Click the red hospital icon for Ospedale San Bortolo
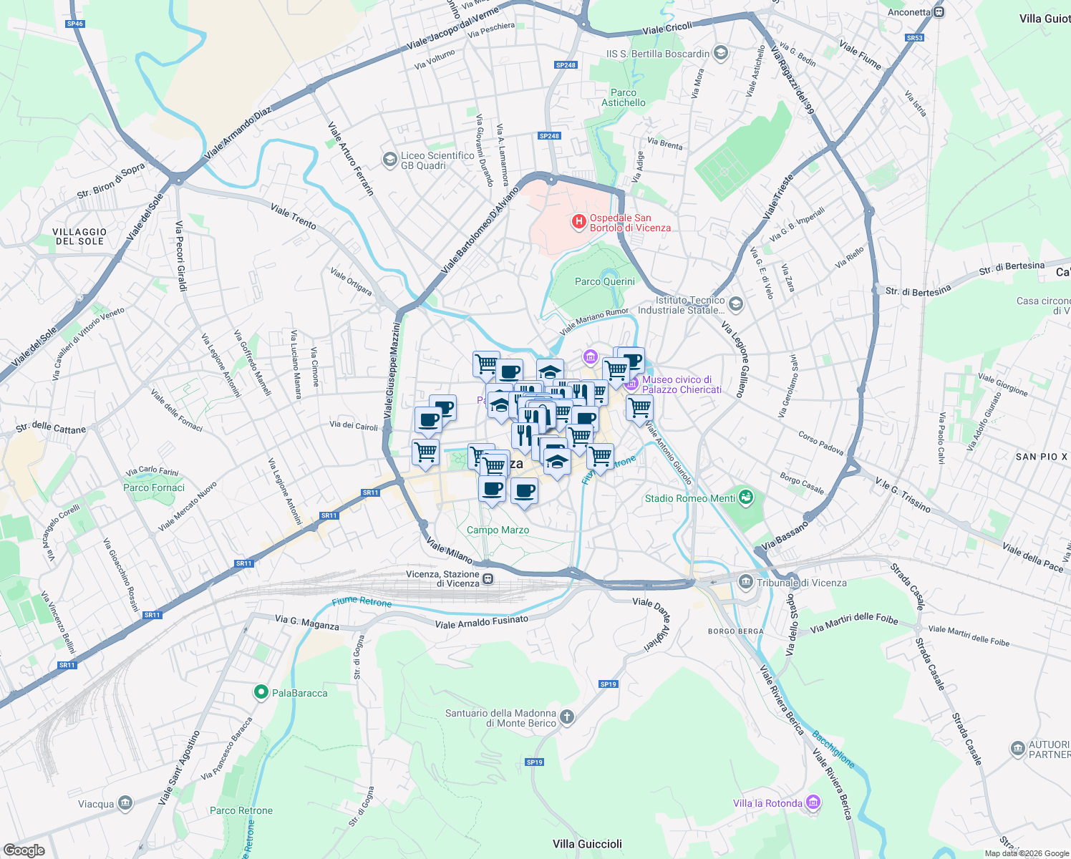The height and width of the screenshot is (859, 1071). tap(578, 223)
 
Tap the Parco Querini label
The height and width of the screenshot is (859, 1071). tap(604, 281)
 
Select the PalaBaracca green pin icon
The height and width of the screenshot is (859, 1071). tap(261, 692)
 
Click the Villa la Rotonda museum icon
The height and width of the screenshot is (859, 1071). tap(813, 803)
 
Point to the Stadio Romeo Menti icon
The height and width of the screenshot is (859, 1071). tap(746, 498)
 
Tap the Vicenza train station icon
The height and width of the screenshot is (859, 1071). tap(488, 578)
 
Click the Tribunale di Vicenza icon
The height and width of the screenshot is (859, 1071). tap(746, 582)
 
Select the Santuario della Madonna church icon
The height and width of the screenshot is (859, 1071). tap(566, 717)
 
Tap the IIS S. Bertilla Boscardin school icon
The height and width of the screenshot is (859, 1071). tap(721, 53)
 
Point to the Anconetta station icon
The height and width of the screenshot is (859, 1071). tap(939, 12)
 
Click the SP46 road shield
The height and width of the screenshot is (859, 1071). tap(74, 24)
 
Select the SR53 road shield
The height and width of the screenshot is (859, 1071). tap(914, 38)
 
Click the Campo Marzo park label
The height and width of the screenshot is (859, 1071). tap(498, 530)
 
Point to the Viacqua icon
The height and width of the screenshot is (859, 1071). tap(125, 803)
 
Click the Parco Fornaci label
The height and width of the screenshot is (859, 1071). tap(154, 487)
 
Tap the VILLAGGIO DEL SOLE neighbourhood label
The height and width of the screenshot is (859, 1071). tap(79, 236)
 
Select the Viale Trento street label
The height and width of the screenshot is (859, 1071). tap(294, 216)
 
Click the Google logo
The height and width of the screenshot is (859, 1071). tap(24, 850)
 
